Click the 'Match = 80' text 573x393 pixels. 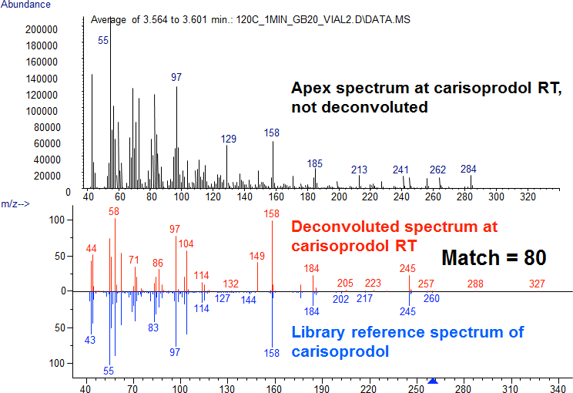tap(494, 258)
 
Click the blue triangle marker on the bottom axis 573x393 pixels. tap(433, 381)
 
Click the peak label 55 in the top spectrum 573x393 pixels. tap(103, 40)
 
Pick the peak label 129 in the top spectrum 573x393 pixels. tap(229, 139)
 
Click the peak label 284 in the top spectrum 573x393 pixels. tap(468, 169)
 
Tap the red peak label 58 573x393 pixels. tap(114, 211)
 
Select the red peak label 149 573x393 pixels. tap(257, 256)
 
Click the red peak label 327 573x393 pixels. tap(537, 284)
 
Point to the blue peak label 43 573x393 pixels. tap(90, 340)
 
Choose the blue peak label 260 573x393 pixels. tap(432, 298)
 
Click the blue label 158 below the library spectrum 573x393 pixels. tap(271, 353)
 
